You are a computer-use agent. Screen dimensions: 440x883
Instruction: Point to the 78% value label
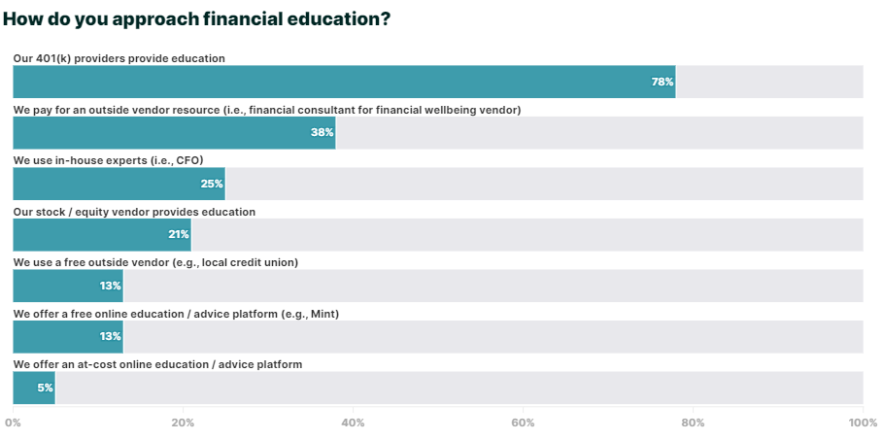point(662,82)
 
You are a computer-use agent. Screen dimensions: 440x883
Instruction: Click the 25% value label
point(212,184)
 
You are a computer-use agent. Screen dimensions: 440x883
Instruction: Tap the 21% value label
point(178,234)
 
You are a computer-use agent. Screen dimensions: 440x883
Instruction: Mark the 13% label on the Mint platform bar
point(110,336)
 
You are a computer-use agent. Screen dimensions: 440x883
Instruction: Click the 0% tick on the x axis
point(13,423)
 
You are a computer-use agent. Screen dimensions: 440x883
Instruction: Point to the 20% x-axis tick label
point(183,423)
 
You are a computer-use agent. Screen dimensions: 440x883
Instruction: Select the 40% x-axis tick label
point(353,423)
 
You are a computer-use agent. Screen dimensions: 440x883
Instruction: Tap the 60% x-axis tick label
point(523,423)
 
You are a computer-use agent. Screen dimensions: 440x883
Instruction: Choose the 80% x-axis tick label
point(693,423)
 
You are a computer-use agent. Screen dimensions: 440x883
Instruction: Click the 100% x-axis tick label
point(862,423)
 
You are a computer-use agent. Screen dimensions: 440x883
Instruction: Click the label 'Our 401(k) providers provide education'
point(119,58)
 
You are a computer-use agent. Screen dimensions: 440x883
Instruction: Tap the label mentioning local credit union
point(155,262)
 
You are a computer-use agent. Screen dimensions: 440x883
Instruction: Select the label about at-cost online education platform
point(157,364)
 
